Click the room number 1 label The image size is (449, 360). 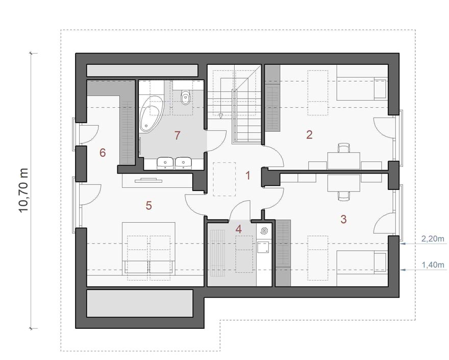248,176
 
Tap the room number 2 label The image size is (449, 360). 309,135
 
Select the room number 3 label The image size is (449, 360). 343,219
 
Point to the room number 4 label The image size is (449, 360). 239,229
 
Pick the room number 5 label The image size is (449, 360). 148,205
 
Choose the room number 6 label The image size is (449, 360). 103,153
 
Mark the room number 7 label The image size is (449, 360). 177,135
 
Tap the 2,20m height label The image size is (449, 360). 433,238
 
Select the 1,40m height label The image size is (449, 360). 433,265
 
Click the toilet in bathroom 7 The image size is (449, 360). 186,97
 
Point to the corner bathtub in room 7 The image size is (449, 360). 151,114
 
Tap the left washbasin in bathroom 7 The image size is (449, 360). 165,162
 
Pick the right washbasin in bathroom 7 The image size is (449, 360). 183,162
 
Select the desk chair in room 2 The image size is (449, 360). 344,148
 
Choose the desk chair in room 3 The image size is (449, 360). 344,196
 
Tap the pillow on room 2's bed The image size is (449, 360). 380,89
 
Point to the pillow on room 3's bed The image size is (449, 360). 380,261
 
